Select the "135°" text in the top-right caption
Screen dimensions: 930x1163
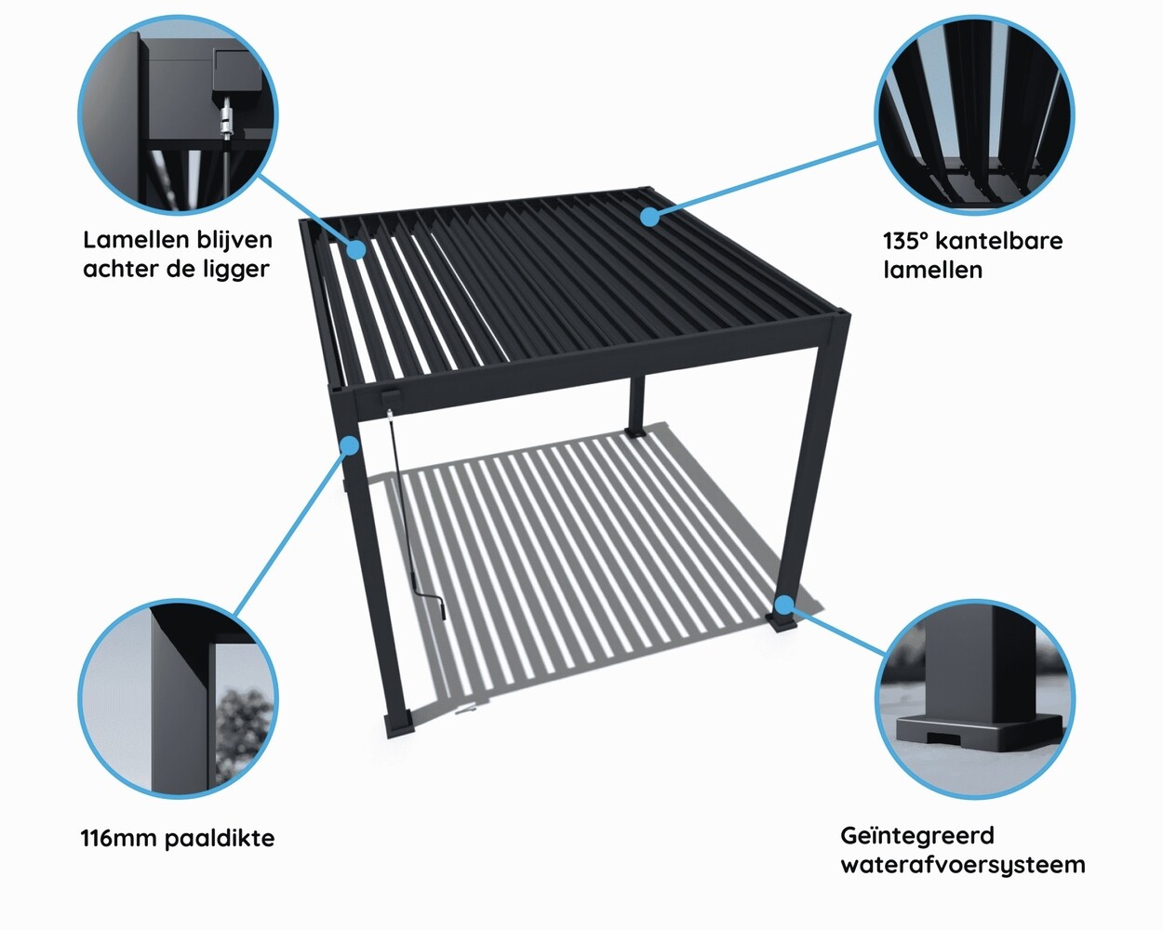point(905,241)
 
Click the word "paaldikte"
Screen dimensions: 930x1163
point(220,838)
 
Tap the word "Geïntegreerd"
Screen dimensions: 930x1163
point(916,836)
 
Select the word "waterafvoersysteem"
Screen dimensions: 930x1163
point(962,865)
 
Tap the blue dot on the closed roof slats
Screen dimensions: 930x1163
point(649,217)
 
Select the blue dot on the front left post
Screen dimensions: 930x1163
point(350,445)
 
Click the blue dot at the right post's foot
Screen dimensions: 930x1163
point(786,605)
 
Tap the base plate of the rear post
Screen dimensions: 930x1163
point(636,433)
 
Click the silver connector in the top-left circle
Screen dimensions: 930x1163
point(225,121)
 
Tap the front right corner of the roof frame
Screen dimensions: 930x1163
point(835,321)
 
